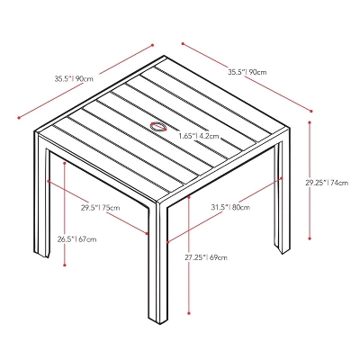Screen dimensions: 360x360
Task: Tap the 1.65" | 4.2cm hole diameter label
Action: pos(199,136)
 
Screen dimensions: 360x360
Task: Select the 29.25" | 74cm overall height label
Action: pos(327,182)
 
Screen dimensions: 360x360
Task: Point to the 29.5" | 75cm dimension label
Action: pos(101,208)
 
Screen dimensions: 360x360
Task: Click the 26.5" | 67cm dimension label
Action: pos(76,239)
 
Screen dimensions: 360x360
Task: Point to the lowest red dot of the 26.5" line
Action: pos(66,265)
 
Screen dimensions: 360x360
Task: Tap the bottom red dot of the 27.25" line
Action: pos(188,313)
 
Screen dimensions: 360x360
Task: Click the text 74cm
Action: pos(338,182)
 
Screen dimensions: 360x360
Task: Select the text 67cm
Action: pos(87,239)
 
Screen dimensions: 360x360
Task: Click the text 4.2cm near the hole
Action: pos(209,136)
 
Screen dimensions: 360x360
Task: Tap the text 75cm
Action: pos(112,208)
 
